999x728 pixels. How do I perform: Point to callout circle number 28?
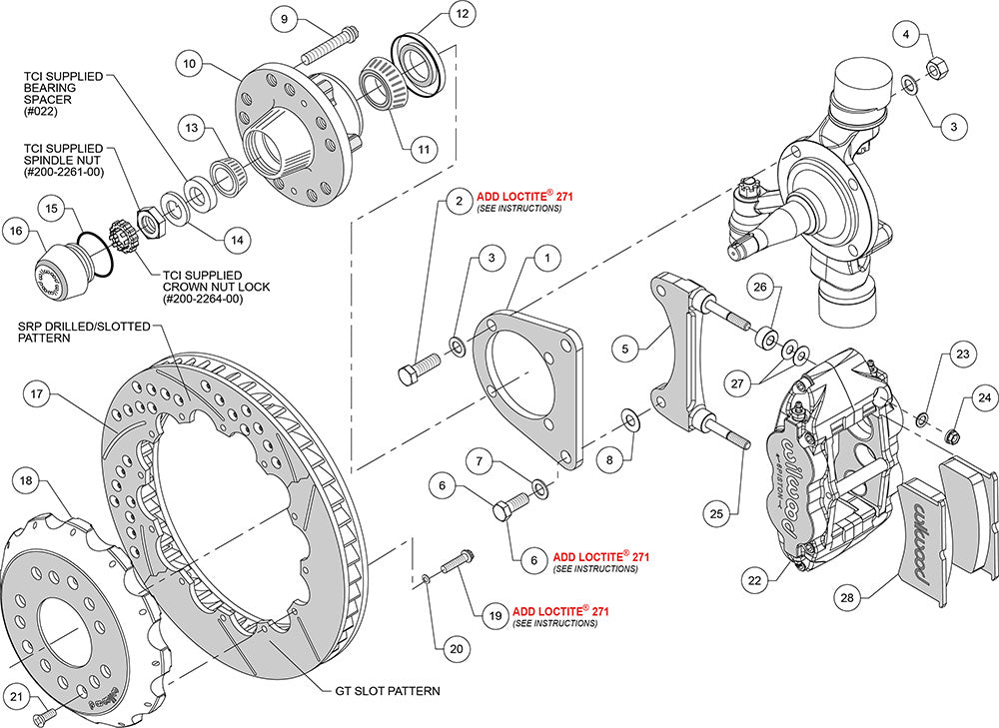(848, 597)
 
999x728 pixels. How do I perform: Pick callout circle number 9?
(284, 19)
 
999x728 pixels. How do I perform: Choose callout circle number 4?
(906, 36)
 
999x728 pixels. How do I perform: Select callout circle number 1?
(546, 258)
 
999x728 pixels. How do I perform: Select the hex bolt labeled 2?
(417, 371)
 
